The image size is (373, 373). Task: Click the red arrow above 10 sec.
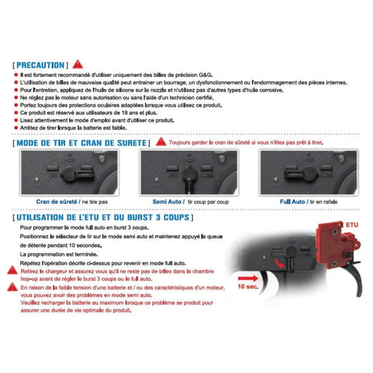[x=246, y=274]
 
